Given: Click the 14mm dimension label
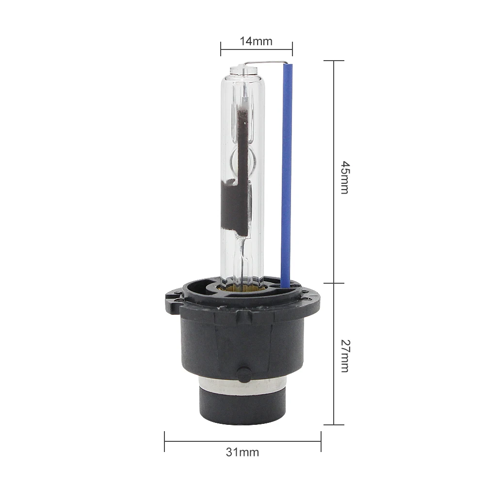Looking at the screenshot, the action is tap(256, 41).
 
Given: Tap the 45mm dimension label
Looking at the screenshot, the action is tap(345, 177).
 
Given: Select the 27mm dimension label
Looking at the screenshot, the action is tap(345, 356).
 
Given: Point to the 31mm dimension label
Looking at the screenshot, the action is tap(242, 452).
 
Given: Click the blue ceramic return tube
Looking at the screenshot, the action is tap(287, 175).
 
